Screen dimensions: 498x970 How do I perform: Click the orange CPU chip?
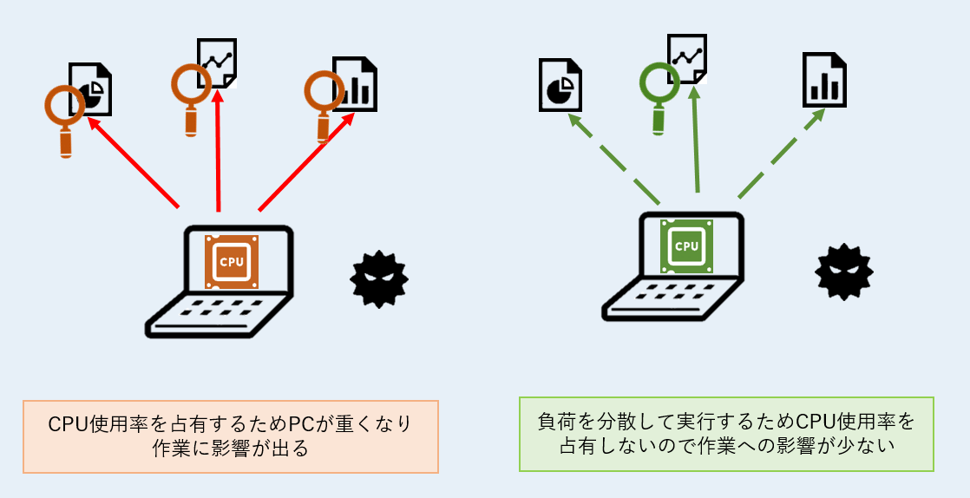point(232,261)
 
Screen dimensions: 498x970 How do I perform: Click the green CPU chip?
point(686,246)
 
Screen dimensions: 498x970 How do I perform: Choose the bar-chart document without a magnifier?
point(824,80)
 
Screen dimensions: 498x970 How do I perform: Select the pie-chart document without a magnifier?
point(560,85)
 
